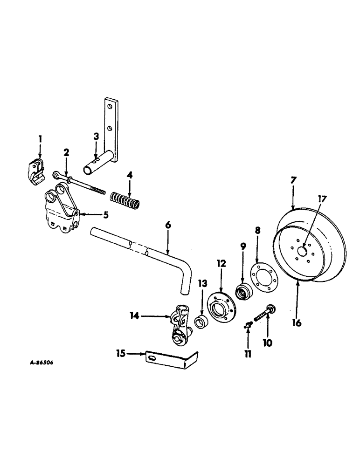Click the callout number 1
[x=40, y=138]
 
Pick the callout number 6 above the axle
[x=168, y=225]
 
